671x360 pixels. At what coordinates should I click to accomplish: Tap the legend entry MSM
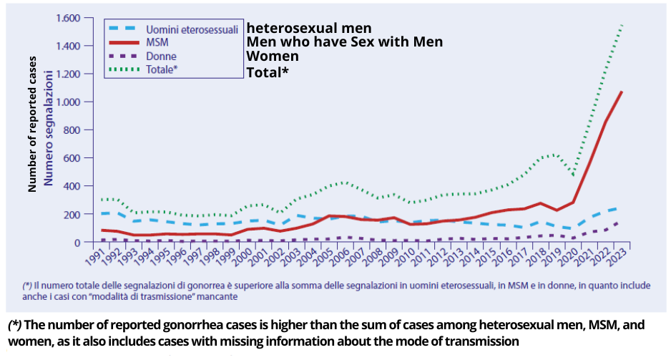157,43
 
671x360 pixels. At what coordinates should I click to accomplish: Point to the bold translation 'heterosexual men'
309,28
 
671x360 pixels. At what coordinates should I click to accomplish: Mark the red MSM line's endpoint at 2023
622,92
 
